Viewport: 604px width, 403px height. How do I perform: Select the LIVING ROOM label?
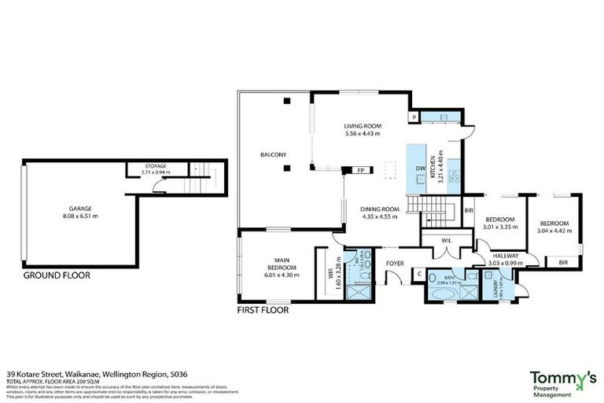[x=362, y=126]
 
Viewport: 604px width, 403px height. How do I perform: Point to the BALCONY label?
[x=273, y=155]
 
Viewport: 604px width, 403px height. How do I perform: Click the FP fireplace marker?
[x=360, y=171]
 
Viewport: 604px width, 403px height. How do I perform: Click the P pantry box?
[x=413, y=118]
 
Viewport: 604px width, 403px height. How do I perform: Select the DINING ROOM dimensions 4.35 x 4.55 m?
[x=381, y=216]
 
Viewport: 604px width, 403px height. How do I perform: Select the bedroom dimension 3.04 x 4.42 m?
[x=554, y=231]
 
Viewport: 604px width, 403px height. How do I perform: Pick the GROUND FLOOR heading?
[x=57, y=276]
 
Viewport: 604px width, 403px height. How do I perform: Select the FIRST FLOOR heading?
[x=263, y=310]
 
